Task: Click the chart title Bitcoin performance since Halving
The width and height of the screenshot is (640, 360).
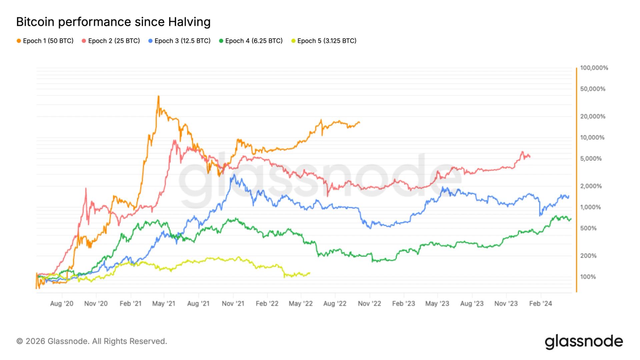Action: (113, 22)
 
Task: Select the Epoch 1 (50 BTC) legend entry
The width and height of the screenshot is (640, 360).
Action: (45, 41)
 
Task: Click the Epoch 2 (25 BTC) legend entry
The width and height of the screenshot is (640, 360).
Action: (111, 41)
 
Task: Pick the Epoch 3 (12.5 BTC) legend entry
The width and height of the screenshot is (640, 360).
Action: (179, 41)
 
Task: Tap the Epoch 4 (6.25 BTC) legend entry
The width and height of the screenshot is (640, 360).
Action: (251, 41)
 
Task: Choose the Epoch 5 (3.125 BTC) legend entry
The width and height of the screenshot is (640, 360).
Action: (324, 41)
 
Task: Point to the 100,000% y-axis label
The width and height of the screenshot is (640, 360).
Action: (594, 68)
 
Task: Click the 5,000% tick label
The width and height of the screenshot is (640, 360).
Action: (591, 159)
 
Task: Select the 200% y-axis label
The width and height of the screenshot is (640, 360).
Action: (588, 256)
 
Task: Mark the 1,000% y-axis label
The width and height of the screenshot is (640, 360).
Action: (590, 207)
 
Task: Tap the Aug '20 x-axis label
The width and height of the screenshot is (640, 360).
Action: (62, 304)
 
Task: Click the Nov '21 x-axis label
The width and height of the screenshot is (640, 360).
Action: (233, 304)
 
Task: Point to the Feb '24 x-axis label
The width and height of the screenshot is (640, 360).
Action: (540, 304)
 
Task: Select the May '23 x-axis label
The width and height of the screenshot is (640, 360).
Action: (437, 304)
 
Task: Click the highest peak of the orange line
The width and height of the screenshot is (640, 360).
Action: (158, 96)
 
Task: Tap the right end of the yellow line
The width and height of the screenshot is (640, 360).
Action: (310, 273)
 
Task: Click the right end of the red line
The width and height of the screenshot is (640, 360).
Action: (530, 157)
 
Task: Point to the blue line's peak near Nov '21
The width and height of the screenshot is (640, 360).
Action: (234, 175)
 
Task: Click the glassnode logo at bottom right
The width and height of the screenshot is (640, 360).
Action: (584, 342)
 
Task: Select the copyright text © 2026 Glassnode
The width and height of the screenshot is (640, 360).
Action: (92, 341)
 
